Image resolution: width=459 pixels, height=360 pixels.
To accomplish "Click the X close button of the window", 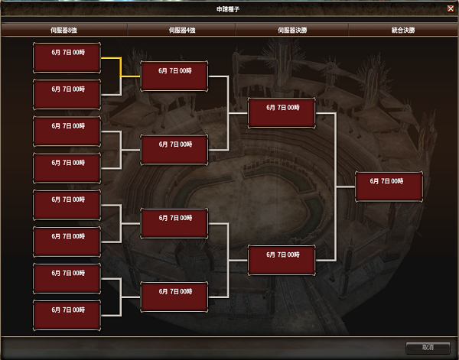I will pos(450,8).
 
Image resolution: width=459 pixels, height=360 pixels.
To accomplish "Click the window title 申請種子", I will pos(229,8).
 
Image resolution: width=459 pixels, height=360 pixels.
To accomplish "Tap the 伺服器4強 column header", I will pos(182,31).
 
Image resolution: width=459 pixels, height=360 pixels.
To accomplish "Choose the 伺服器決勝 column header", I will pos(293,31).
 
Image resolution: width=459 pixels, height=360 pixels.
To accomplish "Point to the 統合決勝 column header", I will pos(402,31).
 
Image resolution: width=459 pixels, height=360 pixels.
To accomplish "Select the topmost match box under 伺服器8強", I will pos(67,58).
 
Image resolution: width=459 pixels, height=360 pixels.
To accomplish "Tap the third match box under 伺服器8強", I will pos(67,131).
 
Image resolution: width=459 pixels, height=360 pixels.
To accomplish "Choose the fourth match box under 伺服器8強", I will pos(67,167).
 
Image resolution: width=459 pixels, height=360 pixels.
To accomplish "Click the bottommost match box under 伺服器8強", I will pos(67,314).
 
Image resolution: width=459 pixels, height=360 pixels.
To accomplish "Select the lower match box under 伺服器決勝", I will pos(282,259).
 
